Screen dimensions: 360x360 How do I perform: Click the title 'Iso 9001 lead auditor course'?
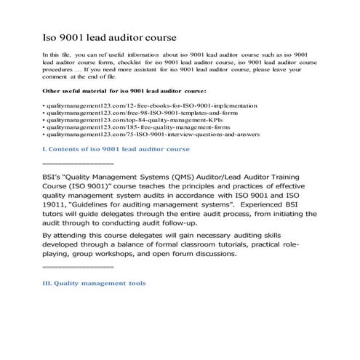click(x=110, y=36)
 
